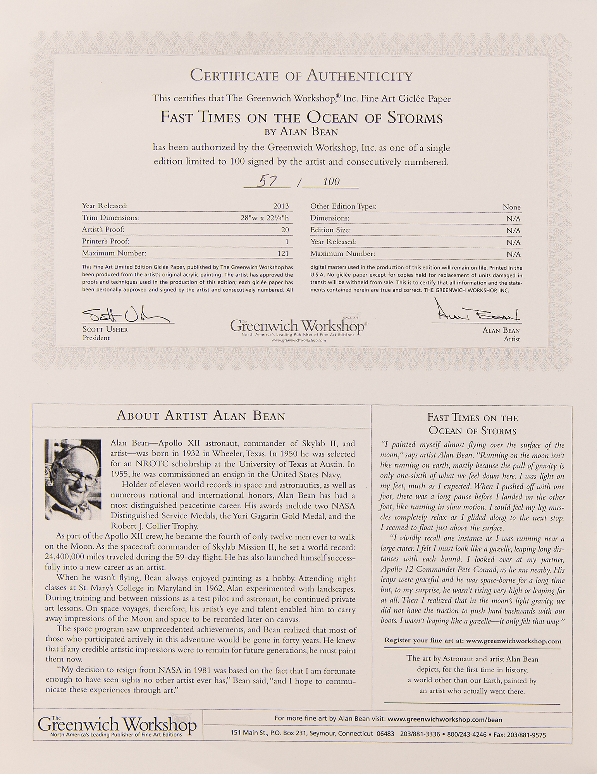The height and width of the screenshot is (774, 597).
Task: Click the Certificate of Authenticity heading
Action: click(x=301, y=75)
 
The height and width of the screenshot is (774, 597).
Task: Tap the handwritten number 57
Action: click(x=267, y=181)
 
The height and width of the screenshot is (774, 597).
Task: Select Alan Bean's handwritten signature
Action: click(x=476, y=312)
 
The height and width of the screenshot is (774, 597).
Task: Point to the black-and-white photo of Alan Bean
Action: click(x=73, y=479)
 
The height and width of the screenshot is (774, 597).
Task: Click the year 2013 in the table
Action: click(x=281, y=206)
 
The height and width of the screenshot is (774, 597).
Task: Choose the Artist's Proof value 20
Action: click(x=285, y=230)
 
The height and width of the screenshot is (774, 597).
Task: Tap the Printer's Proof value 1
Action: click(x=287, y=241)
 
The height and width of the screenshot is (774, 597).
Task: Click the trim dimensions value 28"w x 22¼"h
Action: click(x=265, y=218)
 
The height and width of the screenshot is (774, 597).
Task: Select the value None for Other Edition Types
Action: click(x=511, y=207)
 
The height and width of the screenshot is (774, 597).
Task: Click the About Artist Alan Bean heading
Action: click(x=201, y=416)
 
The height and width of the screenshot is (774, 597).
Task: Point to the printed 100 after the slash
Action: click(x=331, y=181)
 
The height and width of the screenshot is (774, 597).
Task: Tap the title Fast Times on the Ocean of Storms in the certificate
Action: click(x=301, y=118)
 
